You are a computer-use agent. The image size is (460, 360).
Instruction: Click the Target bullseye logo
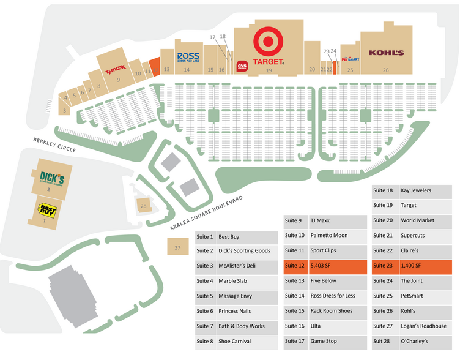(x=269, y=42)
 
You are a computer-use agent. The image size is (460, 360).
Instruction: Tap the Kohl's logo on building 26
(x=386, y=53)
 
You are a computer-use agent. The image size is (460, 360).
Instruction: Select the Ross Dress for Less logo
(x=187, y=58)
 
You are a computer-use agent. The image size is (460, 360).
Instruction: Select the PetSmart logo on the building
(x=350, y=59)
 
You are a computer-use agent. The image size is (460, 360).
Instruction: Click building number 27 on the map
(x=177, y=247)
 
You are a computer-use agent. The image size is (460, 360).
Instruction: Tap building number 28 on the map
(x=143, y=206)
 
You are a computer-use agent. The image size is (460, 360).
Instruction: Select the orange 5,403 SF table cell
(x=338, y=266)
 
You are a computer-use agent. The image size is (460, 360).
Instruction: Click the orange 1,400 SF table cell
(x=426, y=266)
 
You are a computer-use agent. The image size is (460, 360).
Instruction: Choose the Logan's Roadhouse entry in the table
(x=426, y=326)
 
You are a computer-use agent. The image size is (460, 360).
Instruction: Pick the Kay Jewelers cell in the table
(x=426, y=190)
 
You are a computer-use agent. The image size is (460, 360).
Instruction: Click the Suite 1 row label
(x=205, y=236)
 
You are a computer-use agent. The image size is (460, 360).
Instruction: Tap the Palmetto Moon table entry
(x=338, y=235)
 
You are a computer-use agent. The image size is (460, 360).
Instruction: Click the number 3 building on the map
(x=64, y=111)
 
